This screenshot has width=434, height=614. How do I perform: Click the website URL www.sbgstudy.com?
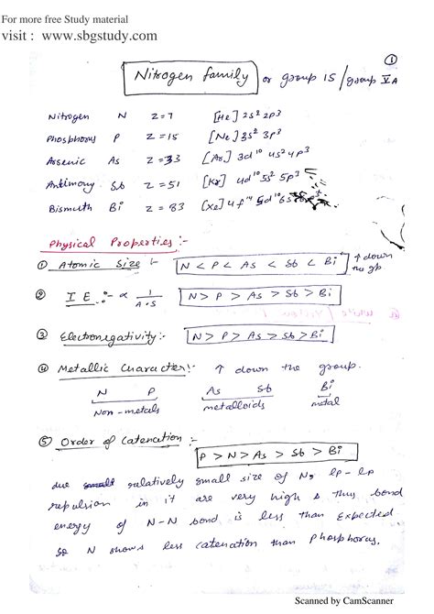[98, 36]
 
